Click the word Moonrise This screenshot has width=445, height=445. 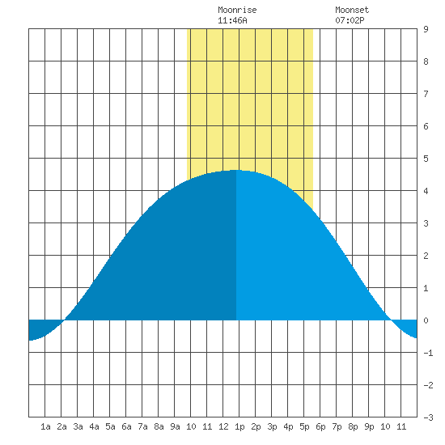tap(237, 10)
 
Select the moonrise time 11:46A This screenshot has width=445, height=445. tap(232, 20)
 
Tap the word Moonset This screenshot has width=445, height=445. tap(352, 10)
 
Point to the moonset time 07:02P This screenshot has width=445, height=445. tap(350, 20)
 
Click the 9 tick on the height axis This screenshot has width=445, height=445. tap(426, 29)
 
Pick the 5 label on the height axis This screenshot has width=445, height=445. tap(426, 159)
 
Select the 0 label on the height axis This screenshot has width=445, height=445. tap(426, 320)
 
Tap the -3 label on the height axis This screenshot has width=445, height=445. tap(428, 417)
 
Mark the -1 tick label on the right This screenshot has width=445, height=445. tap(428, 353)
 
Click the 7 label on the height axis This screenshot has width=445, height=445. tap(426, 94)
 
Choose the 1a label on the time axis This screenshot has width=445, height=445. tap(45, 426)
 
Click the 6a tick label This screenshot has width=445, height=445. tap(126, 426)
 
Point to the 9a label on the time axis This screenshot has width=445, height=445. tap(175, 426)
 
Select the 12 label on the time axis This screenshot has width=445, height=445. tap(223, 426)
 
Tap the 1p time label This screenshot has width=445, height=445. tap(239, 426)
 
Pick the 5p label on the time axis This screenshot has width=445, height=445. tap(304, 426)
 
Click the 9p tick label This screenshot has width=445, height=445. tap(369, 426)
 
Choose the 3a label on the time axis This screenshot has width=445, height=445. tap(78, 426)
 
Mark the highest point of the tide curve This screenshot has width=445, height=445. tap(235, 170)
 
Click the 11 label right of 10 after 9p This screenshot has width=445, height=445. tap(401, 426)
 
